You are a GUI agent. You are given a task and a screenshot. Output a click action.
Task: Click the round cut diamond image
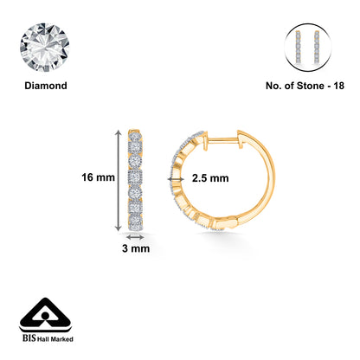click(x=48, y=43)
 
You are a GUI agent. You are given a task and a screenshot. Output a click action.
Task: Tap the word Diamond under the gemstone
click(x=48, y=87)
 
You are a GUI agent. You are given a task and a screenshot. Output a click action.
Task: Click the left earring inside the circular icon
click(x=301, y=43)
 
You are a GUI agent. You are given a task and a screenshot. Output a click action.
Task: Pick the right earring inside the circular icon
click(x=314, y=43)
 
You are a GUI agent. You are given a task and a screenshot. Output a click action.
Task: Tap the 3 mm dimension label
click(x=135, y=247)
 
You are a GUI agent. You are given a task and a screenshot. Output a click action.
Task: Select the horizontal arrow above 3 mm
click(x=136, y=235)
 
